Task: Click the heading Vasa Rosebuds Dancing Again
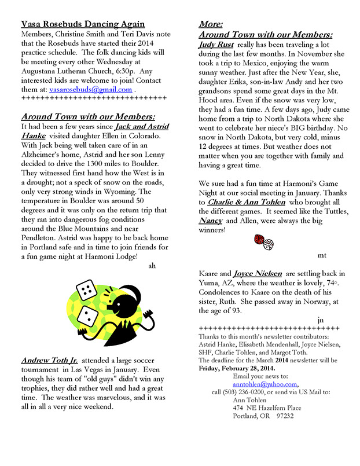point(83,24)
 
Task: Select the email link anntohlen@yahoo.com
point(265,384)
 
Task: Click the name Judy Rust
point(216,44)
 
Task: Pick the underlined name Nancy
point(210,221)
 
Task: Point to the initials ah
point(152,266)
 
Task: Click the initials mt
point(322,255)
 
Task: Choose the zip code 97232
point(285,416)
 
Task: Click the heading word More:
point(211,24)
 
